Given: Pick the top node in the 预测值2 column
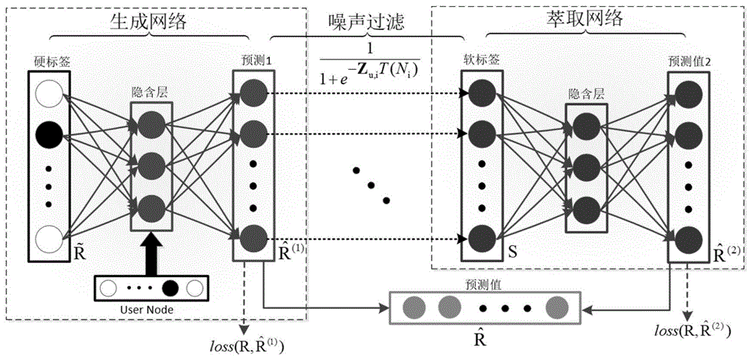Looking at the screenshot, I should tap(690, 92).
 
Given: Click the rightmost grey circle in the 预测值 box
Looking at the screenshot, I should tap(557, 307).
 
